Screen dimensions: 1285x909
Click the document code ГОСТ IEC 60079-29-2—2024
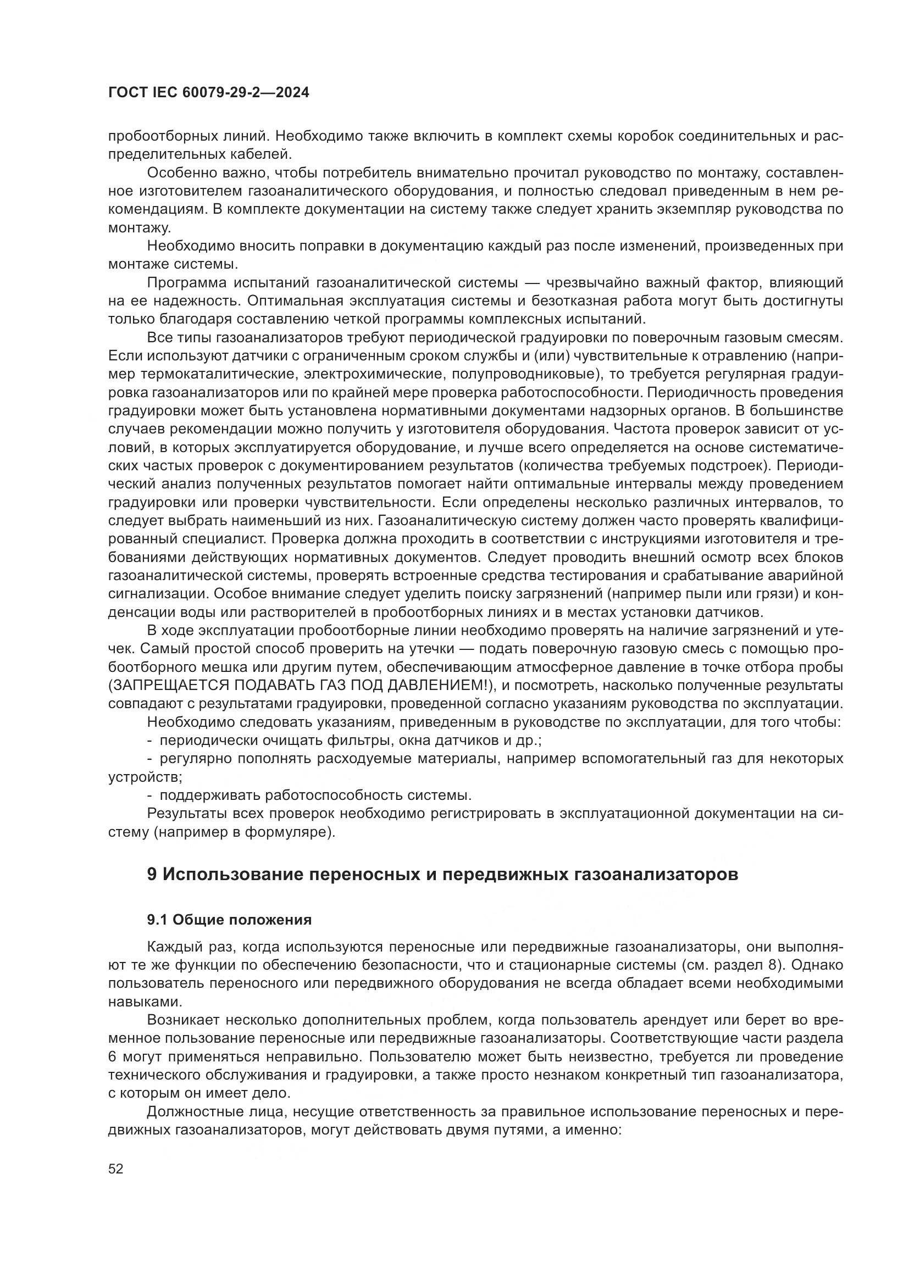[x=208, y=93]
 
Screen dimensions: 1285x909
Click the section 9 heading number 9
[x=152, y=874]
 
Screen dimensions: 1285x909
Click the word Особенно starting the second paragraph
[x=180, y=173]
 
